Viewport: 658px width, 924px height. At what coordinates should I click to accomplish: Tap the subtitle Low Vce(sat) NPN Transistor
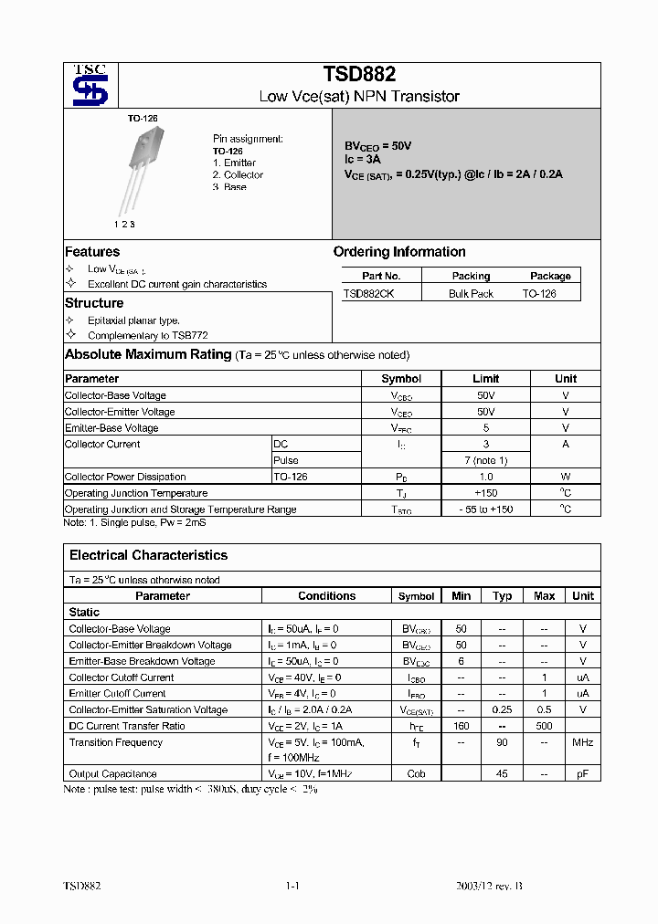(359, 96)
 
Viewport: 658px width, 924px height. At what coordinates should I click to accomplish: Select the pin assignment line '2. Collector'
(238, 174)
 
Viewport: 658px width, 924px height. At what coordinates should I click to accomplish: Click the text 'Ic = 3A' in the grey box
(362, 159)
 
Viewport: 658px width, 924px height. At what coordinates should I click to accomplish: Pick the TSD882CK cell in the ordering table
(368, 293)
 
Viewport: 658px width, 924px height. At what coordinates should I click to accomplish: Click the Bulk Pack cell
(471, 293)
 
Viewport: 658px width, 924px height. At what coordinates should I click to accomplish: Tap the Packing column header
(471, 276)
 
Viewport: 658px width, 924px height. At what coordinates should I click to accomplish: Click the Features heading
(92, 252)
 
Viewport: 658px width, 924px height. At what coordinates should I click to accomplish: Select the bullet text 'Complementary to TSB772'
(134, 336)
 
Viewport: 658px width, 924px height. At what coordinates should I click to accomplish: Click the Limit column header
(485, 378)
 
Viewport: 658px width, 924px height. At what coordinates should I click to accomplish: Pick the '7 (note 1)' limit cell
(485, 460)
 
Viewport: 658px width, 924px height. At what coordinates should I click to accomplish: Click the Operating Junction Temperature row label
(136, 493)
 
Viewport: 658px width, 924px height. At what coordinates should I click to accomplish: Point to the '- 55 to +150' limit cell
(485, 509)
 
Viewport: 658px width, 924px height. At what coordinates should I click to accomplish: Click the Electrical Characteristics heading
(148, 555)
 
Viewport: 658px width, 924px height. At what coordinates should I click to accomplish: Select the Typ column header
(503, 596)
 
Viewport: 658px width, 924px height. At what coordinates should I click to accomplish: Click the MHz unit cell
(582, 742)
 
